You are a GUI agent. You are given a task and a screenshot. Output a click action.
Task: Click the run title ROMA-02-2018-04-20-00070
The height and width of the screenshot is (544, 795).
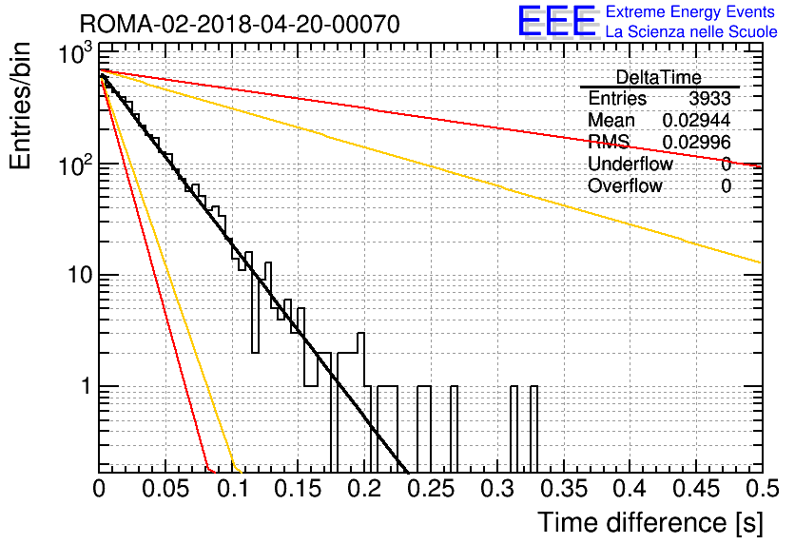240,24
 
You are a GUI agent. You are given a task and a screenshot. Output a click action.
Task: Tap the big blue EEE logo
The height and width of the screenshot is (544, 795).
557,21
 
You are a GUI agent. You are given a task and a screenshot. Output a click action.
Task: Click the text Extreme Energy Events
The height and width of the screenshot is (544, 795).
690,11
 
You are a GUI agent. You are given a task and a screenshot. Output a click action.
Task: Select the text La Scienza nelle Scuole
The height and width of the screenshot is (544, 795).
691,32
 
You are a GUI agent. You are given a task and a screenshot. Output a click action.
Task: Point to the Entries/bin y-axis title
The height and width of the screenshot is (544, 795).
20,106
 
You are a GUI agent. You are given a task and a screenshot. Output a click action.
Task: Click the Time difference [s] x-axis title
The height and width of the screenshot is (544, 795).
650,522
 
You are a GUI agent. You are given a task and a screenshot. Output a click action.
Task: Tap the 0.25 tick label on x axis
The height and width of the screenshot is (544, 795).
432,489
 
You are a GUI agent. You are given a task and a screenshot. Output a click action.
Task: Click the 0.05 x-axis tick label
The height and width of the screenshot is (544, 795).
165,489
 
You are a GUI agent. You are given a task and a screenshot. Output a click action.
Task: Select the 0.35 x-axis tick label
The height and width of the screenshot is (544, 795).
565,489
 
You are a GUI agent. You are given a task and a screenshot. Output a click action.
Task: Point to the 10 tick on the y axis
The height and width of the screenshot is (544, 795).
80,275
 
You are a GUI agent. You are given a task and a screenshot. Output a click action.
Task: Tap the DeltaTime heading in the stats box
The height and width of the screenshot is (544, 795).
659,77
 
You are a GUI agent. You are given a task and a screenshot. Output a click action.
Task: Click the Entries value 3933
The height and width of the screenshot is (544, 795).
709,98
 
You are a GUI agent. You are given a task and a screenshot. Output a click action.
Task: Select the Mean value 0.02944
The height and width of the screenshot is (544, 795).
697,120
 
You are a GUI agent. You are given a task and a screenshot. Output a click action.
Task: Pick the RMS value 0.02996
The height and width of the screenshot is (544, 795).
697,143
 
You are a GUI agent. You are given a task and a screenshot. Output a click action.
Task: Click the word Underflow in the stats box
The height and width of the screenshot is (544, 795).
630,164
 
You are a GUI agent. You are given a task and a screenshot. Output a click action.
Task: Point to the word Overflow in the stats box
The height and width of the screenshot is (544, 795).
625,186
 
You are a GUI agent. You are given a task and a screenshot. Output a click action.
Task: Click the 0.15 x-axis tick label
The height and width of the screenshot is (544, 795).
299,489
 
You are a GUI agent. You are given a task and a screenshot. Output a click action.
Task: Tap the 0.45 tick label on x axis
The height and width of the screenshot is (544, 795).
698,489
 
